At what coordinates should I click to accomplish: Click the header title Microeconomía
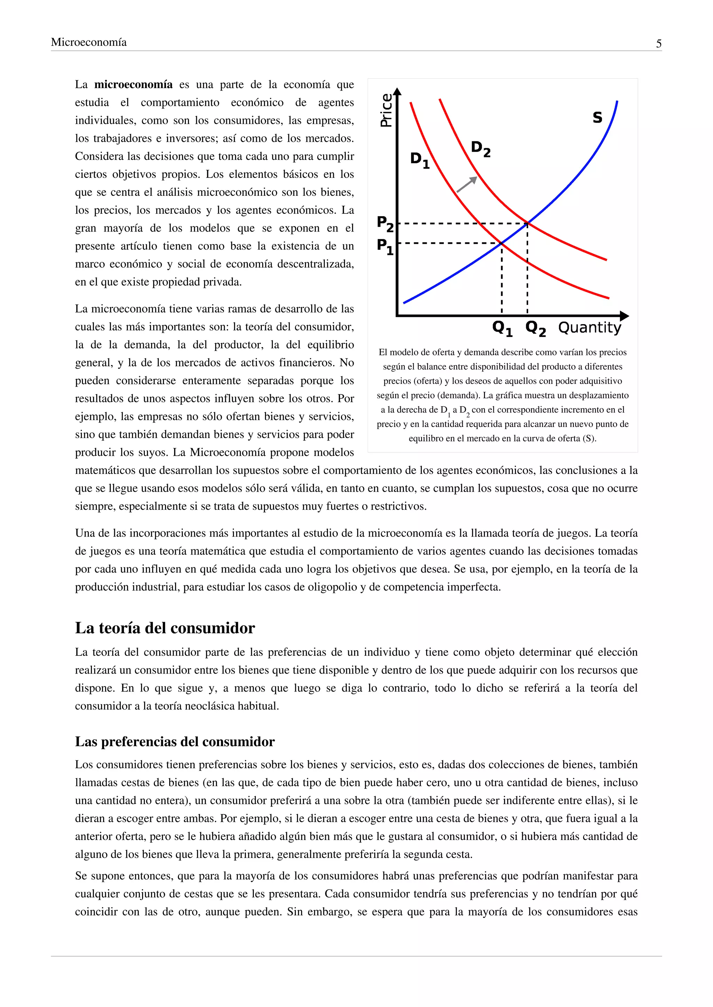point(89,42)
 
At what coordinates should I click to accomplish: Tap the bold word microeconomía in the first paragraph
point(133,84)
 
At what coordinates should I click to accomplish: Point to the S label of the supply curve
point(597,117)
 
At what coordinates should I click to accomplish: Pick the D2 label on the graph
point(480,149)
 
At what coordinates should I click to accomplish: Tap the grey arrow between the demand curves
point(467,184)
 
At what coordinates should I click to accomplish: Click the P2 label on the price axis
point(385,224)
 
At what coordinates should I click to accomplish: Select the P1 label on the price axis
point(385,247)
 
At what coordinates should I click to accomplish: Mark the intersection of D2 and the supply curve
point(527,224)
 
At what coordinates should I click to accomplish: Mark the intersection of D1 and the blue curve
point(502,243)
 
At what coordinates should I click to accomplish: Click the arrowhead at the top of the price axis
point(397,91)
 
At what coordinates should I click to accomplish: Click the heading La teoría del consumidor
point(165,628)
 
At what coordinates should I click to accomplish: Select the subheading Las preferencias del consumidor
point(175,741)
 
